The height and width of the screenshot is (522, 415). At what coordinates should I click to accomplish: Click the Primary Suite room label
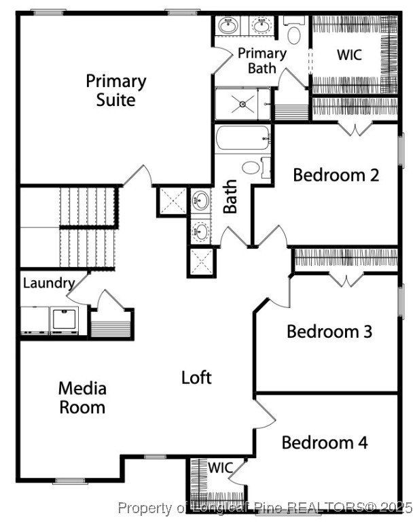coord(115,90)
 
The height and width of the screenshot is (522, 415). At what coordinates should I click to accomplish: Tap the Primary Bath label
coord(261,60)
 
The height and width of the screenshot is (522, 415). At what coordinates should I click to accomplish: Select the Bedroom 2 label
coord(336,175)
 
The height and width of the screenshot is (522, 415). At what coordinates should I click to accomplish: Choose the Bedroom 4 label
coord(325,442)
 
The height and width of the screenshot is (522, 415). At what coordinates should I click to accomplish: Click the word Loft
coord(196,377)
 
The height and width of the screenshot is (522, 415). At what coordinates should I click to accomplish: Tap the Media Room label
coord(82,398)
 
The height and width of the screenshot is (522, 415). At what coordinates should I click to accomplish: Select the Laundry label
coord(48,283)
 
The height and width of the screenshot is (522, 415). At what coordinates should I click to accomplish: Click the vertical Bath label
coord(230,196)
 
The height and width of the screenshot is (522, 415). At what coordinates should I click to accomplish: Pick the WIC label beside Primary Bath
coord(350,55)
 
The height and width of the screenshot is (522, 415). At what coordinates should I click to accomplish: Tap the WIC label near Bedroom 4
coord(220,468)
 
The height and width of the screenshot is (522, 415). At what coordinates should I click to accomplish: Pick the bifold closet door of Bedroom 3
coord(346,279)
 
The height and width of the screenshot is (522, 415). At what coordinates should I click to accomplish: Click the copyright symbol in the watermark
coord(371,507)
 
